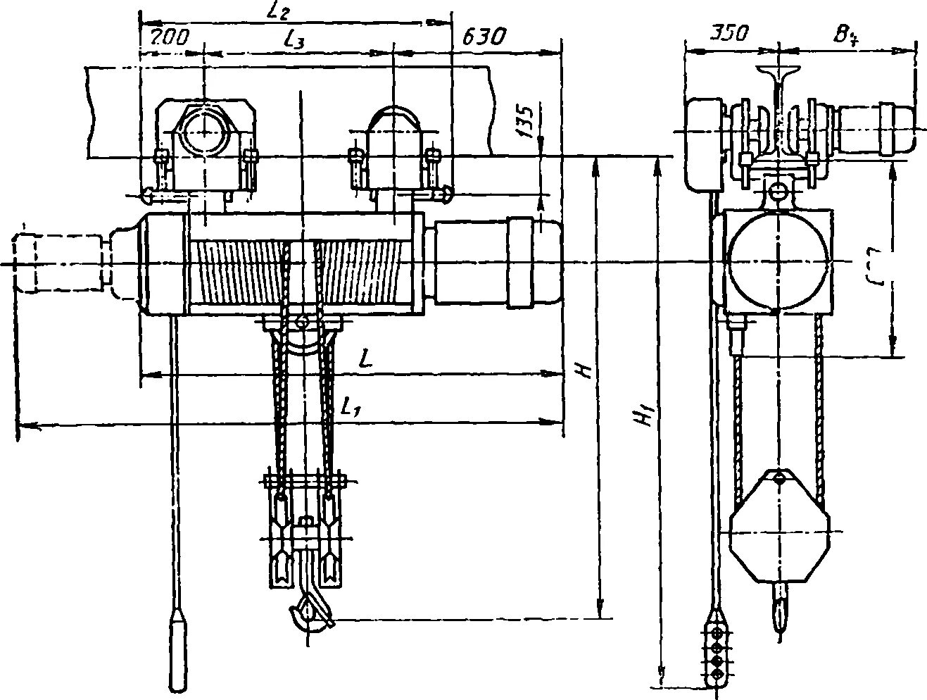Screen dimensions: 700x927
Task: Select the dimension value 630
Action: pos(484,36)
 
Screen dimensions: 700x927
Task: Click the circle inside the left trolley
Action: pos(203,132)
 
